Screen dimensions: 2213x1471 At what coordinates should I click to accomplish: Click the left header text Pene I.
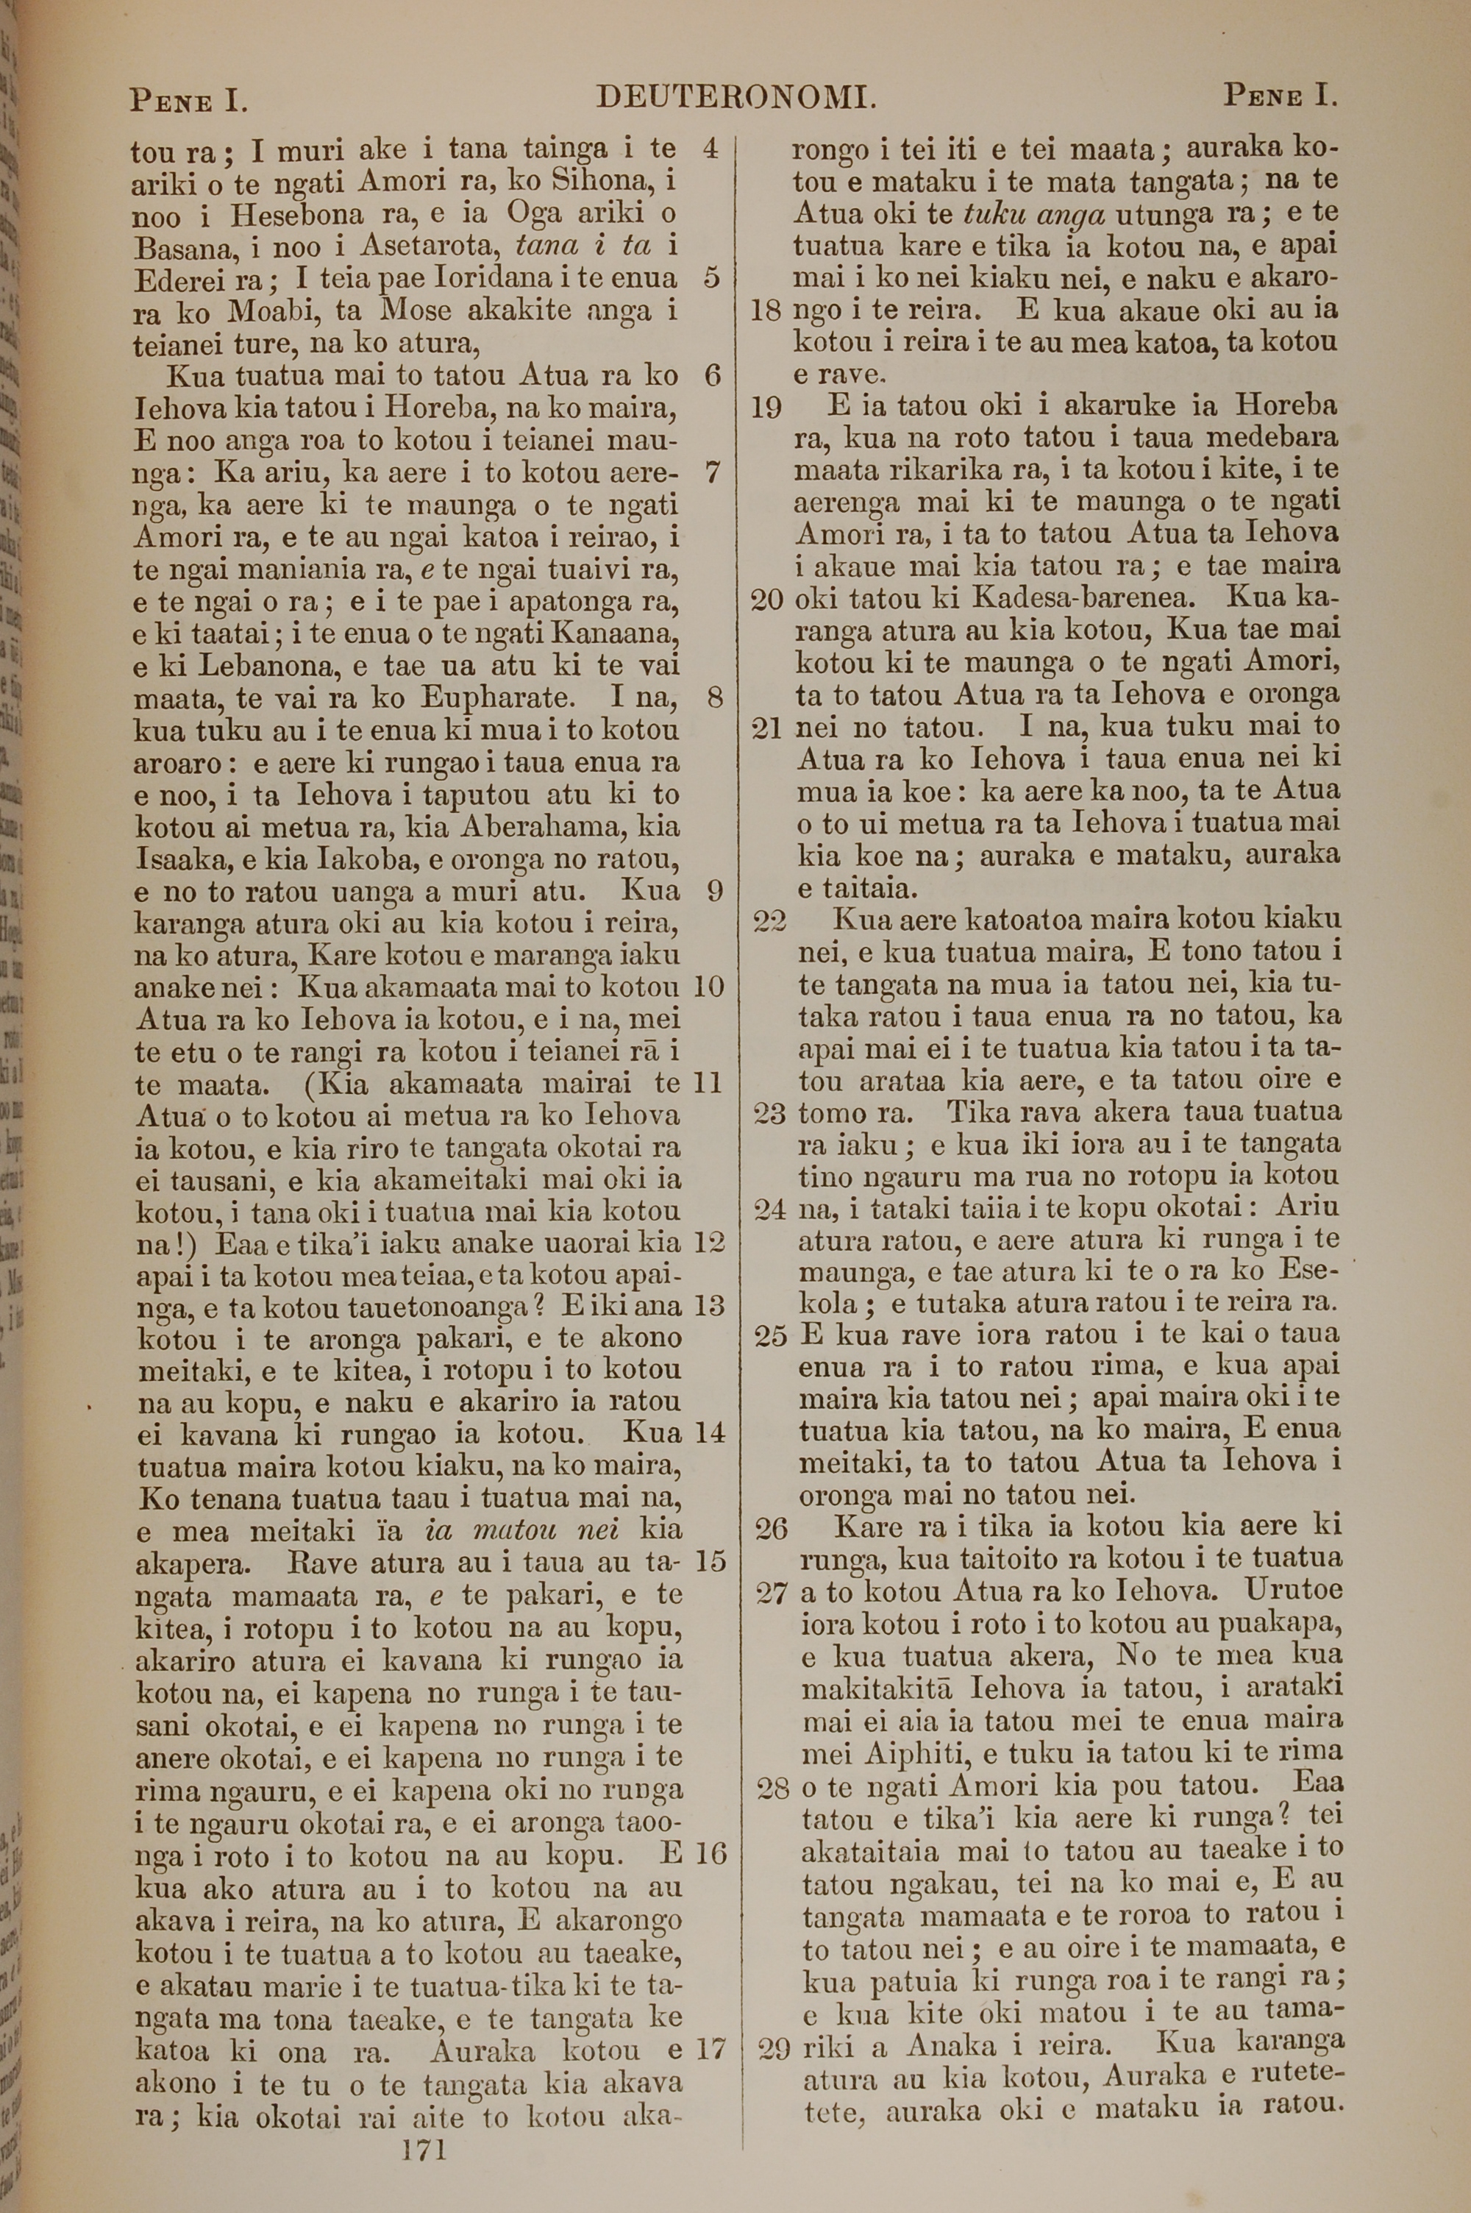pos(188,99)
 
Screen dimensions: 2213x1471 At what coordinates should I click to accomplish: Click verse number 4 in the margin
pos(710,148)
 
